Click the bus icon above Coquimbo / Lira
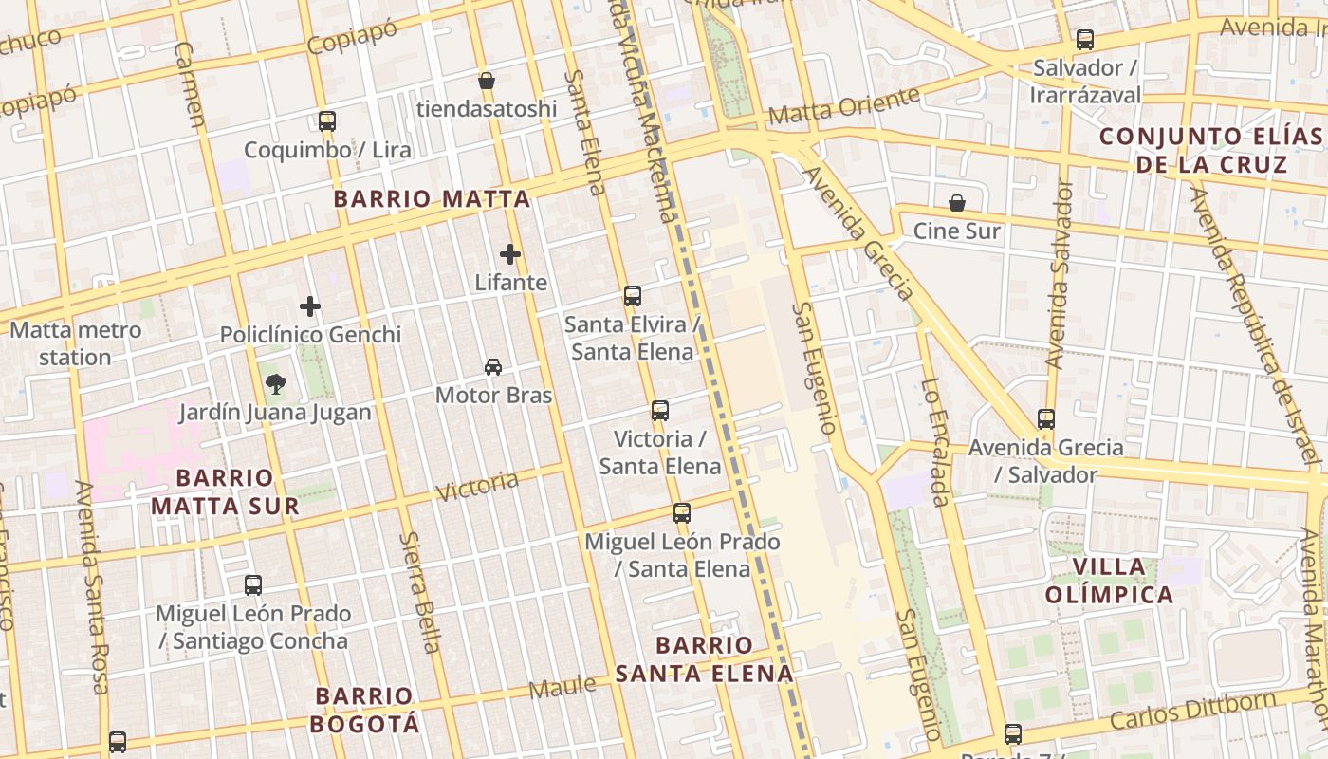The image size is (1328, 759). [327, 121]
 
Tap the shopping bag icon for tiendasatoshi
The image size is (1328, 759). [487, 81]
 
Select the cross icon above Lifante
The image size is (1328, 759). [510, 254]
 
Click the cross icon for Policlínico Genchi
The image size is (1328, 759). [310, 306]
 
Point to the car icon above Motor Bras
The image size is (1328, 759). [493, 367]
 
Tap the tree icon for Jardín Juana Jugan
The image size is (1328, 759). [275, 384]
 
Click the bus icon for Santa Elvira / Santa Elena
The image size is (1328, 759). [633, 296]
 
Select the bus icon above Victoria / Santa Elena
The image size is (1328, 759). [660, 411]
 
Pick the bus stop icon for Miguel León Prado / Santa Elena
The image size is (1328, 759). [682, 513]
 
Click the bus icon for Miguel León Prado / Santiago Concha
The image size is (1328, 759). [253, 585]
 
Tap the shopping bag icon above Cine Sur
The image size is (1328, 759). [957, 203]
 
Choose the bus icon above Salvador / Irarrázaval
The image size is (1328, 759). [1085, 40]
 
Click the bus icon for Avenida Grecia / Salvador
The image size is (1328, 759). [1046, 418]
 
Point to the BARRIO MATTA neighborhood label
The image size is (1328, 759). [432, 199]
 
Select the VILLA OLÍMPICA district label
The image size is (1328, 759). [1110, 581]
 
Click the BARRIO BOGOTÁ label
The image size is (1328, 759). [365, 710]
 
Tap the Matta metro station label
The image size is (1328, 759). [76, 343]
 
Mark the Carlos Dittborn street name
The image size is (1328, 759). [1191, 712]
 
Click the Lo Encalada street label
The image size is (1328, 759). [934, 442]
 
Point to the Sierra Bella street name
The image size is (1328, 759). [419, 591]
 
